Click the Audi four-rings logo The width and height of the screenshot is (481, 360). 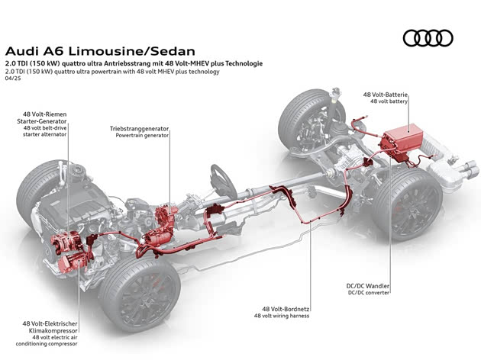click(428, 37)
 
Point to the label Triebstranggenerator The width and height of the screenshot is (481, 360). click(140, 130)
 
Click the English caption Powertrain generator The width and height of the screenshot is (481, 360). click(143, 137)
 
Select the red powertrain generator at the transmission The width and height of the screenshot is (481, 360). click(163, 226)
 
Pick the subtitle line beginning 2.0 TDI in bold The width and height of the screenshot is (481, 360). click(134, 63)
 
